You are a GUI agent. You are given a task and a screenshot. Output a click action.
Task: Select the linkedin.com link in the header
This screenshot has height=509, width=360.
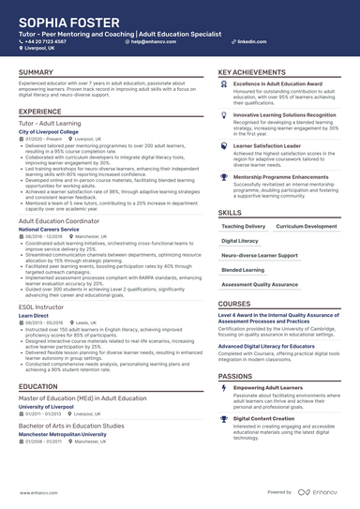point(247,42)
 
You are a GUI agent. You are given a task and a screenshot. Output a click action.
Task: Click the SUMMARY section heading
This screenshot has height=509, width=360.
point(36,72)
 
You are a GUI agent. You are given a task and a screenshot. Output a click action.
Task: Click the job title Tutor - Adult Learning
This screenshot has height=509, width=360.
point(52,124)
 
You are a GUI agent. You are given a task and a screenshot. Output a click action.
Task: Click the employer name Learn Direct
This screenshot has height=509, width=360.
point(36,316)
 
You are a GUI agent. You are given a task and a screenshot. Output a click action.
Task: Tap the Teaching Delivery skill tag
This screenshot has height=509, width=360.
point(243,226)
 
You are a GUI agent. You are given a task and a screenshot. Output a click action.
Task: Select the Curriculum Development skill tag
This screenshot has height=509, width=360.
point(307,226)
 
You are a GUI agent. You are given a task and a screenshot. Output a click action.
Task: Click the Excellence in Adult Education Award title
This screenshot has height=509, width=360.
point(277,84)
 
